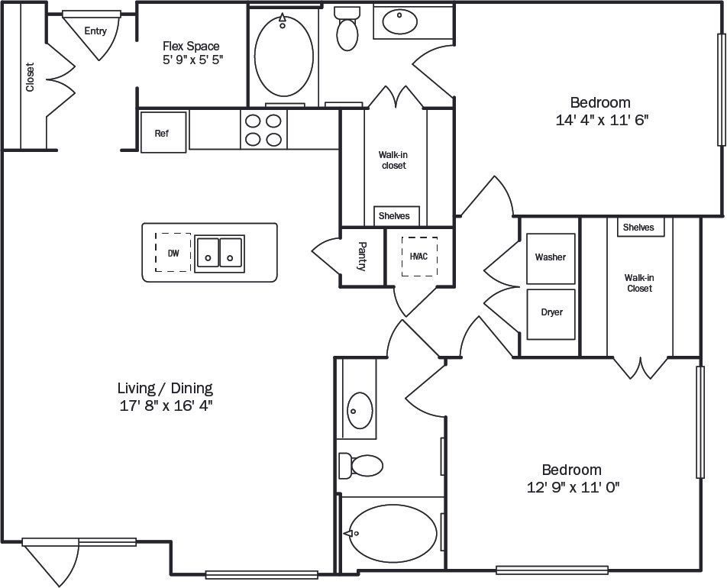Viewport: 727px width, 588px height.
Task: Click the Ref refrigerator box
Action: pos(163,133)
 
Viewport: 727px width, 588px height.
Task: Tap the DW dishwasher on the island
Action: pos(173,253)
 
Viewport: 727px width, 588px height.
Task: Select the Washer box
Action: pos(551,258)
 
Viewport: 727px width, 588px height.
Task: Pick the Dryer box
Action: pos(551,313)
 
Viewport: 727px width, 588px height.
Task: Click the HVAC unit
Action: pos(418,257)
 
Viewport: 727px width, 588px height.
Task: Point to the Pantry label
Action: pos(362,257)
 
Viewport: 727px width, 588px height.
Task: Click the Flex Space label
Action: pos(191,47)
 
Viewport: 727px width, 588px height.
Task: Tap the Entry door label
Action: pos(95,31)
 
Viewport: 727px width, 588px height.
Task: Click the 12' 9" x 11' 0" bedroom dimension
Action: pos(571,487)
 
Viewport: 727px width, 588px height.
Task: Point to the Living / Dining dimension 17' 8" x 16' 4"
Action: pos(165,405)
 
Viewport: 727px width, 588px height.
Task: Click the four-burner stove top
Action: pos(263,130)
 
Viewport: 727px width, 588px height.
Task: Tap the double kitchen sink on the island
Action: pos(219,251)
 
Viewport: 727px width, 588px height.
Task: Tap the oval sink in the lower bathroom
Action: pos(358,411)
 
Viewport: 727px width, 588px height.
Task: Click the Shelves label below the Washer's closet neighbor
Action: pos(638,228)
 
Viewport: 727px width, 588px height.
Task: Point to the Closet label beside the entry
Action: pos(31,76)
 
